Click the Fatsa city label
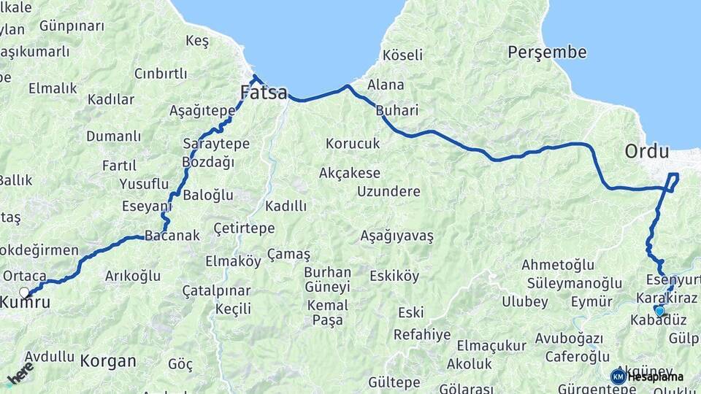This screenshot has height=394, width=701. [x=264, y=93]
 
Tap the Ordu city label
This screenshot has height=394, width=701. [x=646, y=152]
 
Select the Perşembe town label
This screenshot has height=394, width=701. [x=547, y=53]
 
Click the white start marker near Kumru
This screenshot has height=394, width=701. [x=24, y=293]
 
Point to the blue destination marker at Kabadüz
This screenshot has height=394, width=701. [x=659, y=311]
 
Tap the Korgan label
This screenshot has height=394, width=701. [x=108, y=360]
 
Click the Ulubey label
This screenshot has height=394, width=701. [x=524, y=301]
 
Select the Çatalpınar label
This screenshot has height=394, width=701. [x=216, y=291]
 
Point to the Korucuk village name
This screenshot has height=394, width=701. [x=353, y=144]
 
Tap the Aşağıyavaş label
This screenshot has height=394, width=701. [x=397, y=236]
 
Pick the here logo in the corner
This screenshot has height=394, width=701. [x=20, y=372]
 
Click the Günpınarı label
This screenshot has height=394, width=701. [x=72, y=26]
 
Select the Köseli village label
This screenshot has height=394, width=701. [x=402, y=55]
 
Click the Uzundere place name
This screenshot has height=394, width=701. [x=388, y=191]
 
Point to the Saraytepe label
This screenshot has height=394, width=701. [x=216, y=144]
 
